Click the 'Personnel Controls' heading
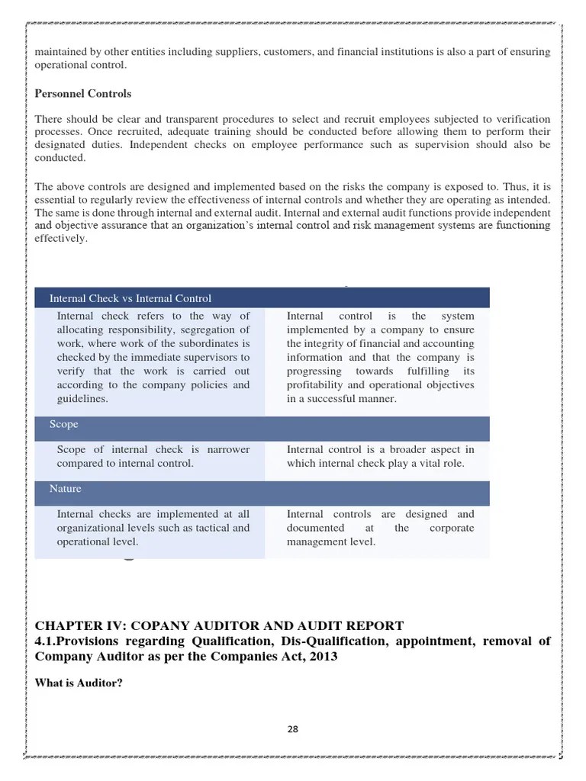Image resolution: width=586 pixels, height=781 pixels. (x=83, y=94)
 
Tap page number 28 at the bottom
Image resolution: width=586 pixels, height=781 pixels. (x=293, y=728)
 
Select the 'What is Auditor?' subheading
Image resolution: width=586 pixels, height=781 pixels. (x=79, y=683)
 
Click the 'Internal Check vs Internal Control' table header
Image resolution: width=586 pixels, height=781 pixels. (x=130, y=298)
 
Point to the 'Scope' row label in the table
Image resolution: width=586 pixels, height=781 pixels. (x=64, y=424)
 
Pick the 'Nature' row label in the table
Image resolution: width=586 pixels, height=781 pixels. (x=66, y=488)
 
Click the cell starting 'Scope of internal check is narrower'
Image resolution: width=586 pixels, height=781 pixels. (x=153, y=456)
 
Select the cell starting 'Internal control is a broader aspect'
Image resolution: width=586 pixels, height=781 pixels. (x=380, y=456)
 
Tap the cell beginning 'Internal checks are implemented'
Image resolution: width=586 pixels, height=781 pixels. (x=153, y=528)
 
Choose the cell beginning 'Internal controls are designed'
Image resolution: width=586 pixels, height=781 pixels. (x=380, y=528)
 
